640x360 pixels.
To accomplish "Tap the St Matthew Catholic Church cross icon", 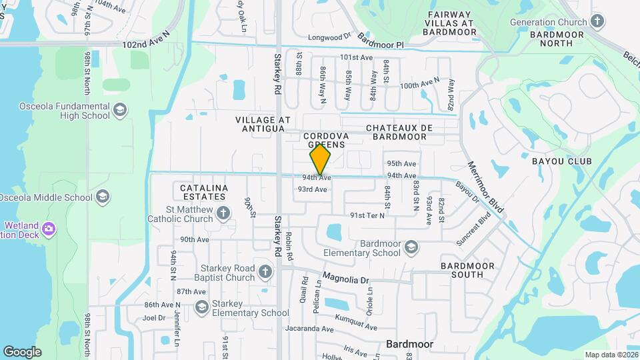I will click(x=223, y=213).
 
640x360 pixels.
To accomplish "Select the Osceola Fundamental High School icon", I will click(x=120, y=110).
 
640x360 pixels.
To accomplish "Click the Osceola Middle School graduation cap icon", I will click(x=103, y=197).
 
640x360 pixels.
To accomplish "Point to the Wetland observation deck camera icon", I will click(x=48, y=229).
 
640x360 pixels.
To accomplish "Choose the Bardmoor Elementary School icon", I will click(x=411, y=247).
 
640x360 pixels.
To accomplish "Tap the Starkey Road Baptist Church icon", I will click(x=265, y=272).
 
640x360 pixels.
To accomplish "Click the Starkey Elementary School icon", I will click(x=201, y=307).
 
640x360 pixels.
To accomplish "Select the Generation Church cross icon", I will click(x=597, y=21).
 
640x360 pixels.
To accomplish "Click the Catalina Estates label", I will click(x=204, y=193).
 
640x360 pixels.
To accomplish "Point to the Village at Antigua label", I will click(x=263, y=124).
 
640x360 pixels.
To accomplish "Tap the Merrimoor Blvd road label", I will click(x=485, y=188).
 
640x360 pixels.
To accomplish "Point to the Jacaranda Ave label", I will click(x=309, y=329).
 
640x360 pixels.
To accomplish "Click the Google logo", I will click(x=22, y=351).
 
